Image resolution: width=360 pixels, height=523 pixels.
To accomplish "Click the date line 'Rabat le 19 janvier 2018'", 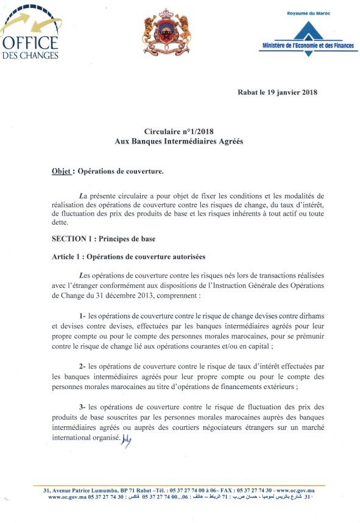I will click(277, 93).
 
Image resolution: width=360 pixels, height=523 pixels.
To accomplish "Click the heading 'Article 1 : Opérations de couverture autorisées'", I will click(129, 258).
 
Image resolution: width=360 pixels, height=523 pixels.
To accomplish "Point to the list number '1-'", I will click(83, 316).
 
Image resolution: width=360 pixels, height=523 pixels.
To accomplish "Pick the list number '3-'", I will click(83, 407).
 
